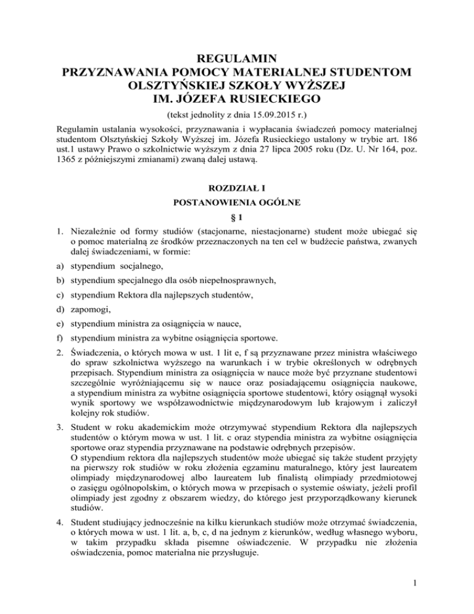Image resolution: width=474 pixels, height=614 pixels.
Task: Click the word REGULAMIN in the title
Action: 236,60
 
